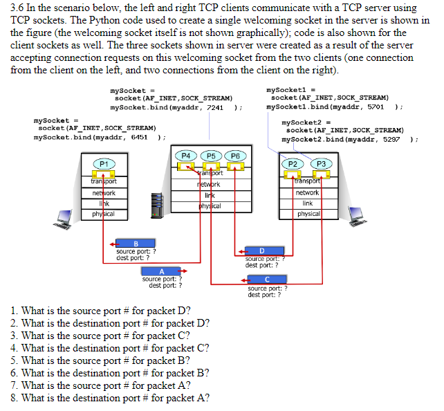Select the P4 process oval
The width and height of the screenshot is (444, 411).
[x=186, y=156]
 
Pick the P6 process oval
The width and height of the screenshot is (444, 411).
[x=235, y=156]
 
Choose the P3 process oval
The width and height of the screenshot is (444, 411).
[x=321, y=163]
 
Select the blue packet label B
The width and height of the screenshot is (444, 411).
[x=135, y=243]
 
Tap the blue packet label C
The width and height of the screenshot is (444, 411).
[x=266, y=280]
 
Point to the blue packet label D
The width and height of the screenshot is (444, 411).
[x=262, y=250]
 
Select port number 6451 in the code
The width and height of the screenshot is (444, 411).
[x=139, y=138]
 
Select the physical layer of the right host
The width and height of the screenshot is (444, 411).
[x=308, y=214]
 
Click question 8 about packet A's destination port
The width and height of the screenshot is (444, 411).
[x=111, y=398]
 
